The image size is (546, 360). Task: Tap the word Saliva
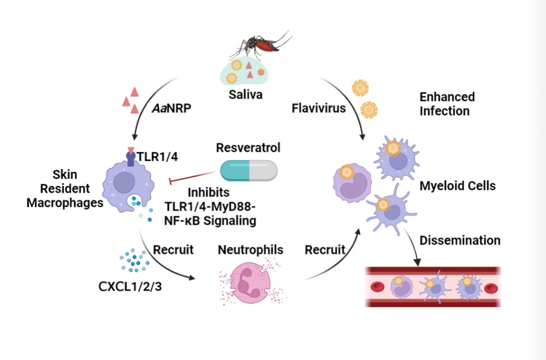[246, 94]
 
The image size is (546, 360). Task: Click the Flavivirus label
[319, 107]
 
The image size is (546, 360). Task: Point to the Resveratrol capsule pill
[248, 170]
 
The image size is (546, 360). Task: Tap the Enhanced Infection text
[447, 103]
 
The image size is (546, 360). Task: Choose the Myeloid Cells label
[457, 186]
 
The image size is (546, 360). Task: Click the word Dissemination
[460, 240]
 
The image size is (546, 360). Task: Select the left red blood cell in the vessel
[379, 286]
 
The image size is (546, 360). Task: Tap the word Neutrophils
[250, 249]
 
